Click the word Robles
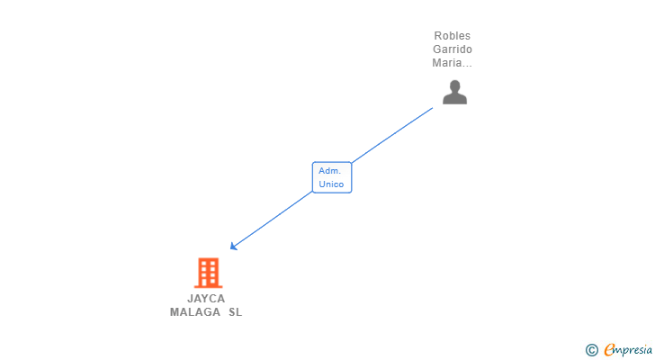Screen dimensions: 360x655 452,36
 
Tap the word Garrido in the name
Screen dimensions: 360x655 452,49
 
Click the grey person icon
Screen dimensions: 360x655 454,92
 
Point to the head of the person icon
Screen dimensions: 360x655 454,85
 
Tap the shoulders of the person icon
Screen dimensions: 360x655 454,99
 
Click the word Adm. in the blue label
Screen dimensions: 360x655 329,170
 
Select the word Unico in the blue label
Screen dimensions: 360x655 331,184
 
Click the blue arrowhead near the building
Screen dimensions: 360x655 233,246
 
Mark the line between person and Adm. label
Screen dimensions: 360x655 392,136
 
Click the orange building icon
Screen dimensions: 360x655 208,272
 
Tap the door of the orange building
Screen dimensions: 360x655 208,282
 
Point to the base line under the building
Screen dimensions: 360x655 208,286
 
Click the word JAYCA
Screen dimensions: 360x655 206,298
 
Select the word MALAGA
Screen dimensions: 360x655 194,312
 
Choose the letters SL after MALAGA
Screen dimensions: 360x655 235,312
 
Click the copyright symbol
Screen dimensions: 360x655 591,349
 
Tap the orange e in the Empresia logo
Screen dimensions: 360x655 609,349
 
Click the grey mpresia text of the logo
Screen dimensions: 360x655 634,349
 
